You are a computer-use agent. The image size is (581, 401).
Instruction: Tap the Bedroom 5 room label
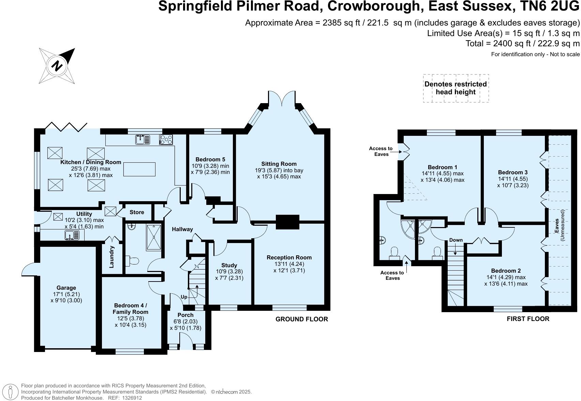(x=210, y=159)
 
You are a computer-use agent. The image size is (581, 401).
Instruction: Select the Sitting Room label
(x=279, y=164)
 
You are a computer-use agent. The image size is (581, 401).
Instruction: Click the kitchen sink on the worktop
(x=143, y=139)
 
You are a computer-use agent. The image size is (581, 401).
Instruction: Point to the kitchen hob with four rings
(x=166, y=139)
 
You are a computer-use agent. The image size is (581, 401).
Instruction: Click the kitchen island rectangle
(x=139, y=169)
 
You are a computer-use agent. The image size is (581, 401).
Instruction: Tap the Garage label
(x=66, y=288)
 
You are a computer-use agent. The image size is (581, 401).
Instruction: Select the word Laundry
(x=111, y=257)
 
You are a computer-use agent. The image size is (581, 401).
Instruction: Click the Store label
(x=137, y=212)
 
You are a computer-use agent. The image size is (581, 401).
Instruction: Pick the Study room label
(x=229, y=265)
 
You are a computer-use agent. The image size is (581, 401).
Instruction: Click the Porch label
(x=185, y=315)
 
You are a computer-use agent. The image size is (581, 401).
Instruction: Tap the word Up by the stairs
(x=184, y=297)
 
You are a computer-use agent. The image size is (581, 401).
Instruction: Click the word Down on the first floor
(x=456, y=240)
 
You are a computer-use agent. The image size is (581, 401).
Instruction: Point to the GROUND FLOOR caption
(x=302, y=319)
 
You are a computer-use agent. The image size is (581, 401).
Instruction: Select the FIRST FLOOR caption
(x=528, y=319)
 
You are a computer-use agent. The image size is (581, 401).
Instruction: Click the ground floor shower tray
(x=154, y=237)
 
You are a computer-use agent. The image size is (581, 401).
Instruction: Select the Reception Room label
(x=289, y=257)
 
